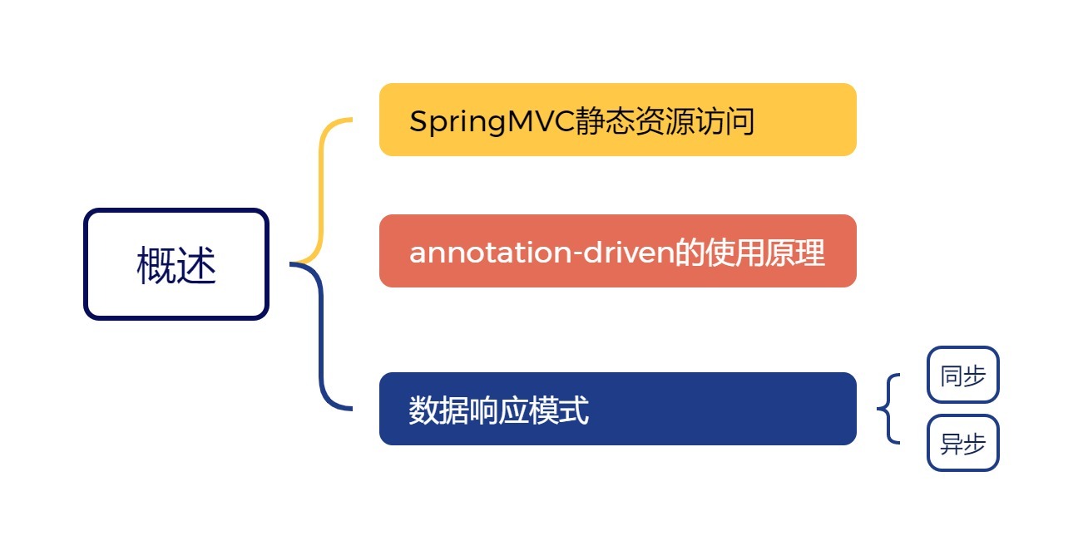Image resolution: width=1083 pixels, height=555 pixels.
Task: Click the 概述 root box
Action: pos(176,264)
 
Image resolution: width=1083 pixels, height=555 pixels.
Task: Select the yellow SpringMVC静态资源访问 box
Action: pos(617,120)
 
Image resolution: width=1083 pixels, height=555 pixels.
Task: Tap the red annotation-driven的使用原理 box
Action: pos(617,251)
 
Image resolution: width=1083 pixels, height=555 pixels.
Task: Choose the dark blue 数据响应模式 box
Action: pos(617,409)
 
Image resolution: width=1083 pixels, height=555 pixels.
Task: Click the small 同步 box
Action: pos(962,375)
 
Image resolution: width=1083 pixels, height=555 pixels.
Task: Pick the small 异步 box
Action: pos(962,443)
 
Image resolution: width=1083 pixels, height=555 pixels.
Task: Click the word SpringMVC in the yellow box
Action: pos(492,122)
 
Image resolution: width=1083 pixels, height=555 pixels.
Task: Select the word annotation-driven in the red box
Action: pos(540,253)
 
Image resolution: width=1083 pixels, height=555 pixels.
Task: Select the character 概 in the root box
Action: pos(156,267)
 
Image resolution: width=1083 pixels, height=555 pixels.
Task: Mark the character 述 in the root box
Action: pos(197,267)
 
